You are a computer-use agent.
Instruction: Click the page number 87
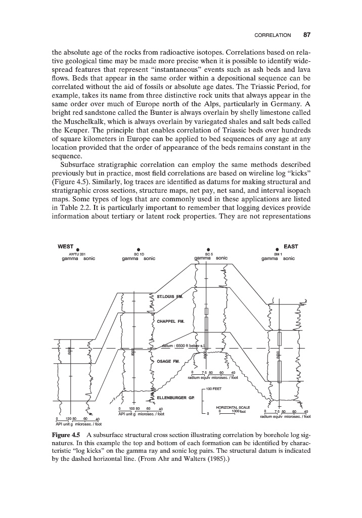coord(307,35)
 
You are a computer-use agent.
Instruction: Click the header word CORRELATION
coord(273,36)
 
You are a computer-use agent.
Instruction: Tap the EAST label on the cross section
coord(291,246)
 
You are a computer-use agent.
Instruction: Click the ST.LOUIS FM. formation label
coord(170,295)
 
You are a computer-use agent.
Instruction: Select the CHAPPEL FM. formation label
coord(171,321)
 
